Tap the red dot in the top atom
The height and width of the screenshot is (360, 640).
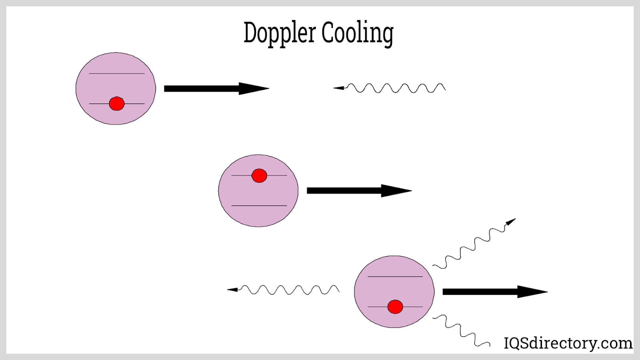pos(116,104)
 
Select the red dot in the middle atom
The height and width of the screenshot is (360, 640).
pos(259,176)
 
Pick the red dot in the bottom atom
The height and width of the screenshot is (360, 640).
pos(395,307)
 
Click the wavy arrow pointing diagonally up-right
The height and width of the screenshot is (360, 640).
pos(474,244)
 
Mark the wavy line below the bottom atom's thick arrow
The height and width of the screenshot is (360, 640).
pos(460,330)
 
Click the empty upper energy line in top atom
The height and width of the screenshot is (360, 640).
pos(116,74)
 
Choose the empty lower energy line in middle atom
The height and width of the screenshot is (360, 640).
pos(259,206)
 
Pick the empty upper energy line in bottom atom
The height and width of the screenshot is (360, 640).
pos(395,276)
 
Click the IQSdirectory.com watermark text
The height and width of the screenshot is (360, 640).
pos(568,343)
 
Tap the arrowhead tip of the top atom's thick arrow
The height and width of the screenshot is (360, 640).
pos(266,89)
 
